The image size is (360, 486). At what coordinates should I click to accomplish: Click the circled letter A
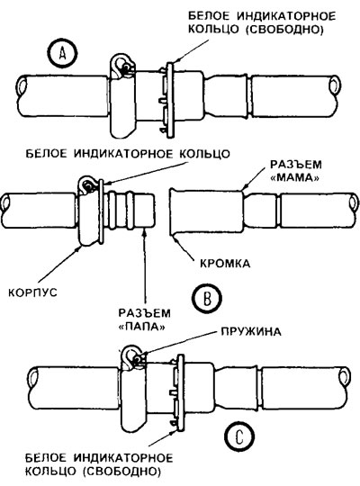click(63, 54)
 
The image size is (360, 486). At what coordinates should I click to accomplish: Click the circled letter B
click(207, 298)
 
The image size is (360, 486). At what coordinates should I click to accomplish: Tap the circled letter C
click(239, 436)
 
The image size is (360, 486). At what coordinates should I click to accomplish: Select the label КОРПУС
click(33, 292)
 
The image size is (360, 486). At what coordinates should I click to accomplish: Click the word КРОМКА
click(225, 264)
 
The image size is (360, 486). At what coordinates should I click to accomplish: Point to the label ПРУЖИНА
click(251, 331)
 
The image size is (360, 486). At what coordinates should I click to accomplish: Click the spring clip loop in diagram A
click(122, 65)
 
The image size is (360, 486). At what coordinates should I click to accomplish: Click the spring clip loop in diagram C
click(134, 357)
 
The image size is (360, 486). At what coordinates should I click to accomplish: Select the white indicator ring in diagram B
click(101, 212)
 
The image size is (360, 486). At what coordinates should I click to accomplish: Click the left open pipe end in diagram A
click(22, 87)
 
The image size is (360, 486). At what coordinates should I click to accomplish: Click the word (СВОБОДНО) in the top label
click(285, 30)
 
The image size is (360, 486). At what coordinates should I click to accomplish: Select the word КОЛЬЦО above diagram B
click(204, 153)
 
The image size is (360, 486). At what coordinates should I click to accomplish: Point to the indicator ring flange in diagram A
click(170, 100)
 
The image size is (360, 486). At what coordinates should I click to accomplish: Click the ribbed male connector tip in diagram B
click(131, 211)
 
